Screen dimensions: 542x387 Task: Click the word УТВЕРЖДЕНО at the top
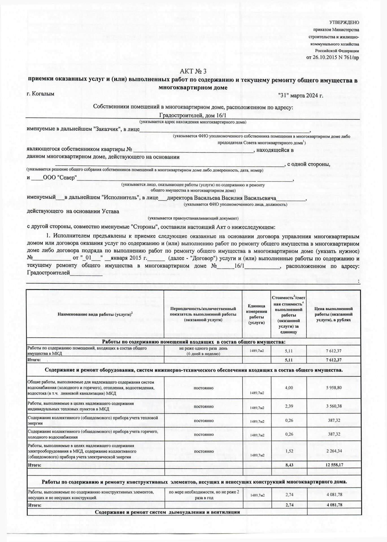pyautogui.click(x=345, y=23)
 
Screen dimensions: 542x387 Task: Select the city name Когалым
pyautogui.click(x=40, y=93)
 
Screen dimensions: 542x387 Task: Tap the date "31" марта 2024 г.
pyautogui.click(x=301, y=95)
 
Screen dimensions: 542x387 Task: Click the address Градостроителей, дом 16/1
pyautogui.click(x=193, y=115)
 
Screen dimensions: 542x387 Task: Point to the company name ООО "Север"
pyautogui.click(x=60, y=178)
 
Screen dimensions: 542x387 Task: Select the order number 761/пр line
pyautogui.click(x=333, y=58)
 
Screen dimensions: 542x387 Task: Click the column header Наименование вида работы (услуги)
pyautogui.click(x=95, y=314)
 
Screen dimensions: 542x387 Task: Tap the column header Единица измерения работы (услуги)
pyautogui.click(x=256, y=314)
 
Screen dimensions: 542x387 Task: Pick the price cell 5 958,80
pyautogui.click(x=334, y=388)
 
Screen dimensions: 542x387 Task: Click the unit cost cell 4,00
pyautogui.click(x=289, y=388)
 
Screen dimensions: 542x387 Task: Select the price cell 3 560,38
pyautogui.click(x=334, y=406)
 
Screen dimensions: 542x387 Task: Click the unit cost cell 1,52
pyautogui.click(x=289, y=451)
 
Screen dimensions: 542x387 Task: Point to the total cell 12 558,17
pyautogui.click(x=334, y=465)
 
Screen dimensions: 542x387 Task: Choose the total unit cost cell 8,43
pyautogui.click(x=289, y=465)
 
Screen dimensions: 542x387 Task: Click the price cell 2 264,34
pyautogui.click(x=334, y=451)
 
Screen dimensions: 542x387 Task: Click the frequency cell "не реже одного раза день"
pyautogui.click(x=203, y=348)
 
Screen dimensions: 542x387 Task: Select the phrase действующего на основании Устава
pyautogui.click(x=73, y=211)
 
